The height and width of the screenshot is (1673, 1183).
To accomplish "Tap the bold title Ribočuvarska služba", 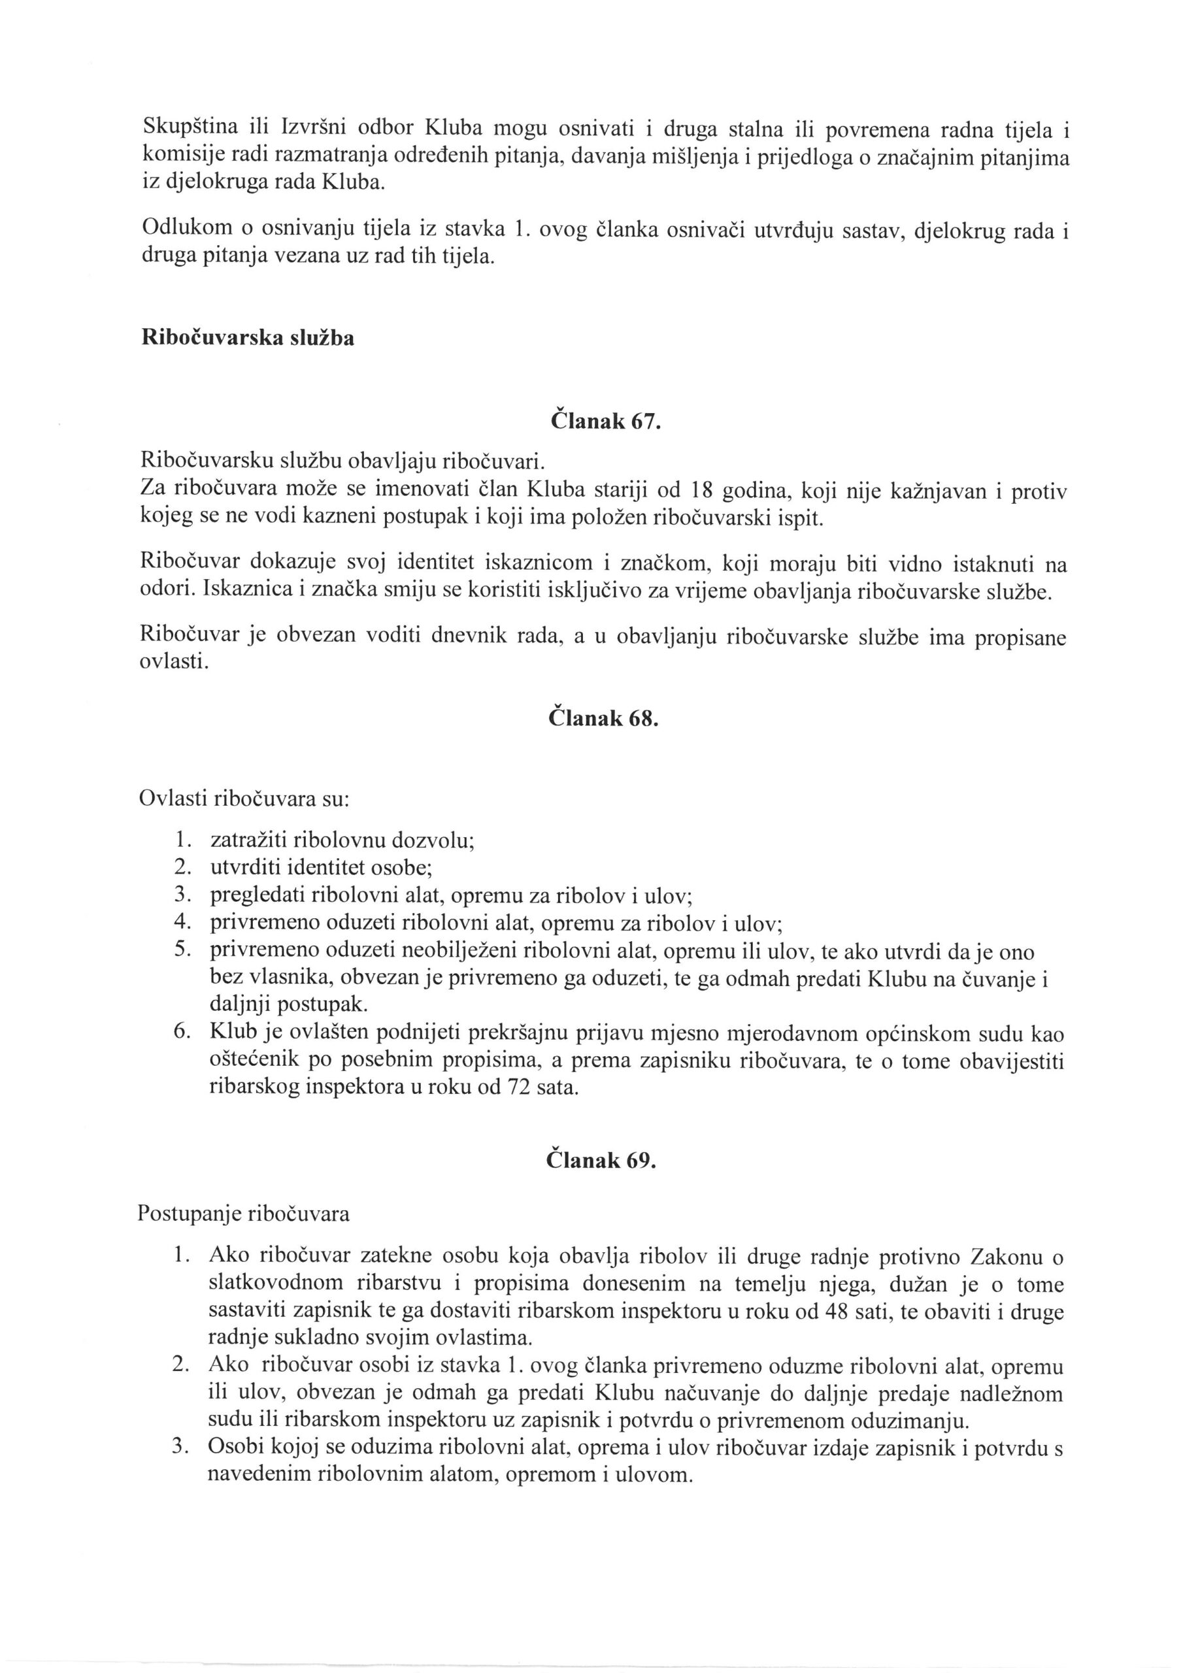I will (x=247, y=338).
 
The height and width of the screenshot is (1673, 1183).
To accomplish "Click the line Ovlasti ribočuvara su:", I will (x=245, y=799).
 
